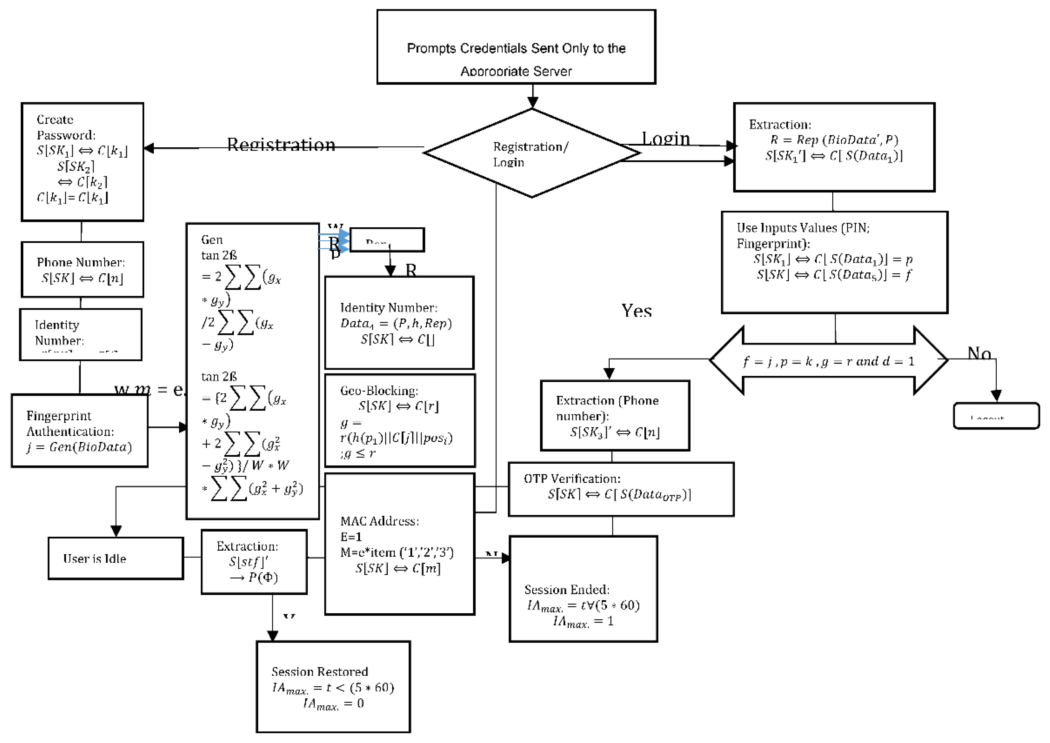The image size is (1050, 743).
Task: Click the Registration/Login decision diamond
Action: point(531,153)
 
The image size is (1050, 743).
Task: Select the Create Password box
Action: point(82,161)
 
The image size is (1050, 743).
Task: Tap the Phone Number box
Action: point(82,269)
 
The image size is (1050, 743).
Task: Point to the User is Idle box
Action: point(116,558)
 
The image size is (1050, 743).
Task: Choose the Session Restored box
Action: point(333,686)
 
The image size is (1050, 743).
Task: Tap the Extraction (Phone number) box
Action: point(615,416)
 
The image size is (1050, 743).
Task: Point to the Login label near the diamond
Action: point(665,138)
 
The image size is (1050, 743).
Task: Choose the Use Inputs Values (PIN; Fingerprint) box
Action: point(834,262)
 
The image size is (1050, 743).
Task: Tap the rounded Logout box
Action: point(996,416)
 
